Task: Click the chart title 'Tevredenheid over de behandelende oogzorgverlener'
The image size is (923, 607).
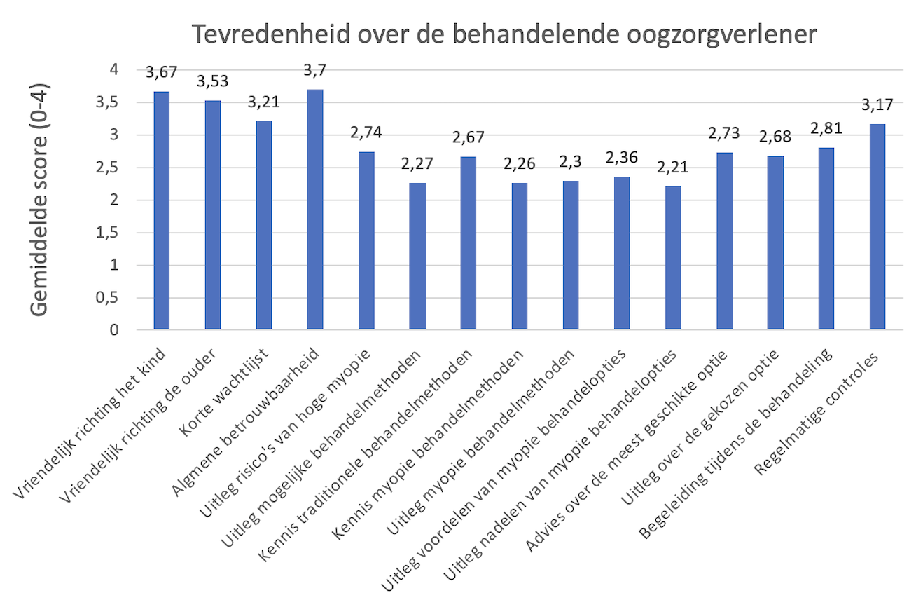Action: (504, 34)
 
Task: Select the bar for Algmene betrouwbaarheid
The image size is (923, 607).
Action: (315, 210)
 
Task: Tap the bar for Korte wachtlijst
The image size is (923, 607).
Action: (264, 226)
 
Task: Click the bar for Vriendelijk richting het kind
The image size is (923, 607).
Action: (162, 210)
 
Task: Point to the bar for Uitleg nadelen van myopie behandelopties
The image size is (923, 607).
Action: (673, 258)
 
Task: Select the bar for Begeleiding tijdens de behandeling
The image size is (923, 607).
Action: (826, 238)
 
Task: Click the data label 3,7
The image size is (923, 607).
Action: (315, 71)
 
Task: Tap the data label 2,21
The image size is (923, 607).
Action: (673, 168)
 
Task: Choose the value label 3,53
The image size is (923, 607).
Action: (213, 82)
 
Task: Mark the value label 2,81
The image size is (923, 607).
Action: (826, 129)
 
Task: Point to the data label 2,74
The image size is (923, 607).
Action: (366, 133)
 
